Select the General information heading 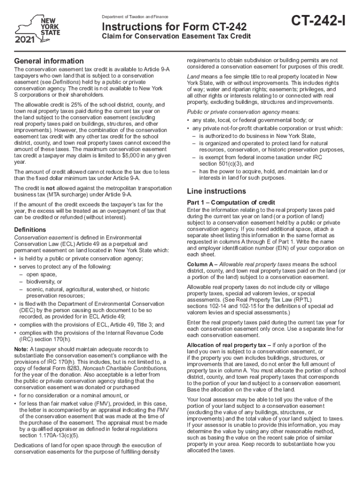pos(49,61)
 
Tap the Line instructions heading pos(216,191)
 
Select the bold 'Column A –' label pos(203,264)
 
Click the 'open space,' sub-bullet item pos(41,274)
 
